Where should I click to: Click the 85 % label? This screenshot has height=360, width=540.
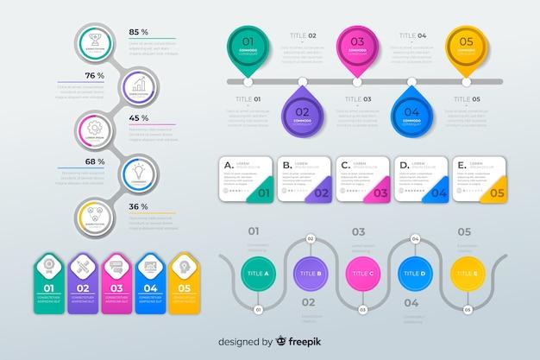point(138,32)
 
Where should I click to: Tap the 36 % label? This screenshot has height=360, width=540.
point(138,206)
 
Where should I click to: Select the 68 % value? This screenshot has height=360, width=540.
point(95,161)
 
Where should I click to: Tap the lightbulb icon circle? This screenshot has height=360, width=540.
point(137,172)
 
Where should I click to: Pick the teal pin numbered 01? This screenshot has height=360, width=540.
point(248,46)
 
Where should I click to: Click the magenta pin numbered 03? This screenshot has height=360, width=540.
point(356,46)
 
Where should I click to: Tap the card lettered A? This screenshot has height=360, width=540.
point(247,179)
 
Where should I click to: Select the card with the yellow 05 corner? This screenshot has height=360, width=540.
point(480,179)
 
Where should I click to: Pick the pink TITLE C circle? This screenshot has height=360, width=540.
point(361,274)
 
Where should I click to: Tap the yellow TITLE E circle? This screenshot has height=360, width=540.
point(465,274)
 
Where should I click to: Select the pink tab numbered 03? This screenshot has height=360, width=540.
point(116,280)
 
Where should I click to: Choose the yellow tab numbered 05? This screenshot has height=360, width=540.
point(183,280)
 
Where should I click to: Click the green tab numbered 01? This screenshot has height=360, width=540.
point(49,280)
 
